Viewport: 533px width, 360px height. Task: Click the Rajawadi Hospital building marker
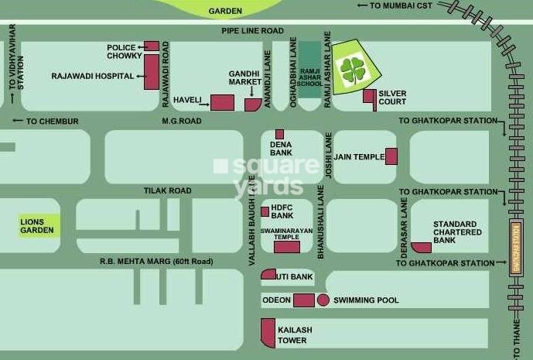coord(152,71)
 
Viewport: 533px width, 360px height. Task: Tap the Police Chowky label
coord(122,51)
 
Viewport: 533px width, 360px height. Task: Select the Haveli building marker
coord(223,102)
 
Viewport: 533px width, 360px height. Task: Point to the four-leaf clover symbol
coord(353,70)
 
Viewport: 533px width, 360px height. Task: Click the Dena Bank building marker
coord(279,134)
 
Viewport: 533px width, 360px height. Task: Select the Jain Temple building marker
coord(391,156)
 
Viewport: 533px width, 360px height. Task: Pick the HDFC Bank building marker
coord(265,211)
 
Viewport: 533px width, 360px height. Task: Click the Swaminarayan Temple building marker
coord(286,247)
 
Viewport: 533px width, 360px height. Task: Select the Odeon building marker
coord(303,300)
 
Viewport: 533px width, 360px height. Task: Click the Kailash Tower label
coord(296,334)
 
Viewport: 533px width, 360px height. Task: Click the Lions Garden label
coord(38,225)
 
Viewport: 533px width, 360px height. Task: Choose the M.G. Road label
coord(181,122)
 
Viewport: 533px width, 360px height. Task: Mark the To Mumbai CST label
coord(397,5)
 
